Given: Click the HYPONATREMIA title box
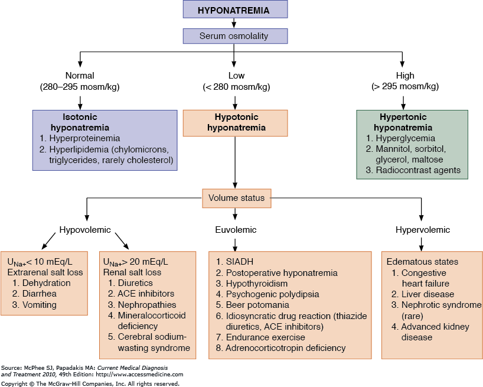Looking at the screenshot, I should click(x=235, y=9).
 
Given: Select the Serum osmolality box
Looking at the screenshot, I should click(x=235, y=36).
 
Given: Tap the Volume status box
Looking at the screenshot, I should click(x=236, y=199).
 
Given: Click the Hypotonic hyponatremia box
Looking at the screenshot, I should click(x=235, y=122).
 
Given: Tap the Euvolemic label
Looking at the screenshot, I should click(x=236, y=230).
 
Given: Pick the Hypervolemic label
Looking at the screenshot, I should click(x=423, y=230).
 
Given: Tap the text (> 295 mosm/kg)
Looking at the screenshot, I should click(x=406, y=86).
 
